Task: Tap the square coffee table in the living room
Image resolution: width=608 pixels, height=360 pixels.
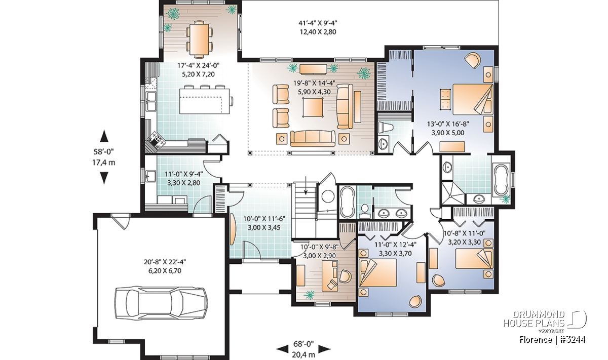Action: point(313,107)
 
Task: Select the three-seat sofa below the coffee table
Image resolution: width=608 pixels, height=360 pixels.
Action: point(313,138)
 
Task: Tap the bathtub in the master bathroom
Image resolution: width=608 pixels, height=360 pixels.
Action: point(501,180)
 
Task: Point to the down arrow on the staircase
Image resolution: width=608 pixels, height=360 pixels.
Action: point(306,185)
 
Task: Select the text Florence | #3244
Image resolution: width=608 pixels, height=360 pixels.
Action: point(552,340)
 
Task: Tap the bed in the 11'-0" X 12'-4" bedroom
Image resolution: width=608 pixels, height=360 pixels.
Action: point(377,272)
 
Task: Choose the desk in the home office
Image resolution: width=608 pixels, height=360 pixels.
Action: point(330,275)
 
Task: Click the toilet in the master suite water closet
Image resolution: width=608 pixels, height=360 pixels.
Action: point(386,128)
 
